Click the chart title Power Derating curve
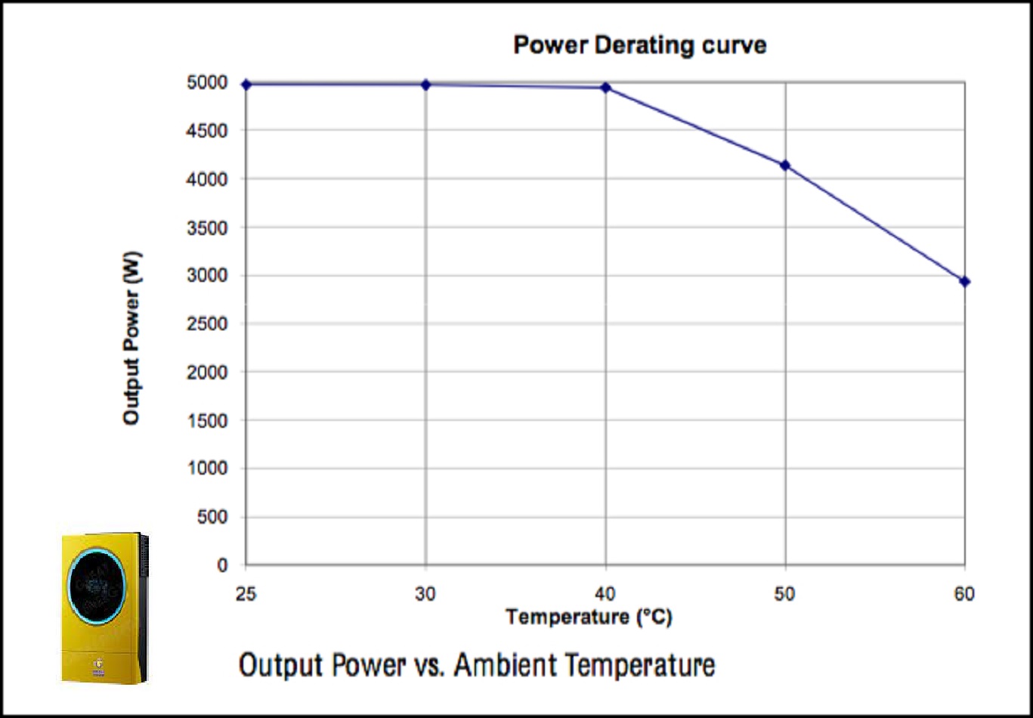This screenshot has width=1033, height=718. pyautogui.click(x=639, y=45)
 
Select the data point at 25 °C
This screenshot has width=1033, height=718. pyautogui.click(x=246, y=84)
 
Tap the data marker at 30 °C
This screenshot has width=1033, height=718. pyautogui.click(x=425, y=85)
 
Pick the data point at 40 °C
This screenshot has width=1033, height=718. pyautogui.click(x=605, y=88)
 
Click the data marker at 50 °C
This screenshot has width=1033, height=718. pyautogui.click(x=785, y=165)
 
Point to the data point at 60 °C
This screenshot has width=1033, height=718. pyautogui.click(x=965, y=281)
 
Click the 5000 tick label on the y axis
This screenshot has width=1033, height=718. pyautogui.click(x=207, y=82)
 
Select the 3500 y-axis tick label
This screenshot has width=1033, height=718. pyautogui.click(x=207, y=227)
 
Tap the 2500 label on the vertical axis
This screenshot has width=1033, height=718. pyautogui.click(x=207, y=324)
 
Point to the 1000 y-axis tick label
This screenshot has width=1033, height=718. pyautogui.click(x=207, y=469)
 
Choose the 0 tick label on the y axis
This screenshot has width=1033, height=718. pyautogui.click(x=222, y=565)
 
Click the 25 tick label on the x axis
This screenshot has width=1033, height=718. pyautogui.click(x=246, y=594)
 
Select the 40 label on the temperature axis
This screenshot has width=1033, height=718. pyautogui.click(x=605, y=594)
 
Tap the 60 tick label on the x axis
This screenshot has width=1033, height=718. pyautogui.click(x=964, y=594)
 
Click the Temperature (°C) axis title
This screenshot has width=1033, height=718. pyautogui.click(x=589, y=617)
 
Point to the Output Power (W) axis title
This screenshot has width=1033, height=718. pyautogui.click(x=132, y=337)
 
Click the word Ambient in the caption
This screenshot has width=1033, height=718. pyautogui.click(x=506, y=666)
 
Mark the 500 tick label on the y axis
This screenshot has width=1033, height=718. pyautogui.click(x=211, y=517)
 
